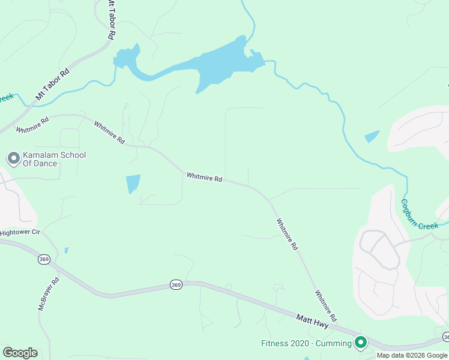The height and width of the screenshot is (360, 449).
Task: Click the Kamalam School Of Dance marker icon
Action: pos(13,158)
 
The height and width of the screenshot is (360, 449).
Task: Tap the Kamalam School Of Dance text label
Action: pos(54,159)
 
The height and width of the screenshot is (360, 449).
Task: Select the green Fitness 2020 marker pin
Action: pos(361,343)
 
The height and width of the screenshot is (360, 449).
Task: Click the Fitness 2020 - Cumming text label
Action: pos(306,344)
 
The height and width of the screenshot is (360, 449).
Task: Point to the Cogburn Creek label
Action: pos(420,214)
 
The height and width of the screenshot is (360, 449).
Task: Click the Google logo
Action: pos(20,353)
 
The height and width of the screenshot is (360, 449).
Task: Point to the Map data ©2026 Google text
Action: pos(412,355)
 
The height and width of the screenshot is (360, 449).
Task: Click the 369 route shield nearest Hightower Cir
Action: pos(43,259)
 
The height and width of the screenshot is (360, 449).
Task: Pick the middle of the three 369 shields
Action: pos(175,284)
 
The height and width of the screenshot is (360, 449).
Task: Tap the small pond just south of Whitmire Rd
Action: pos(133,184)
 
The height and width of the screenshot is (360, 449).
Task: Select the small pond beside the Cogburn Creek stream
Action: pos(372,137)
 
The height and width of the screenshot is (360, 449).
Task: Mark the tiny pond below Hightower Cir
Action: pos(66,250)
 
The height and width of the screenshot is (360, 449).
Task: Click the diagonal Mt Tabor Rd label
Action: pos(53,84)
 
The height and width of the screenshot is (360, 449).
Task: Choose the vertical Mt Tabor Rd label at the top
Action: pos(111,20)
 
